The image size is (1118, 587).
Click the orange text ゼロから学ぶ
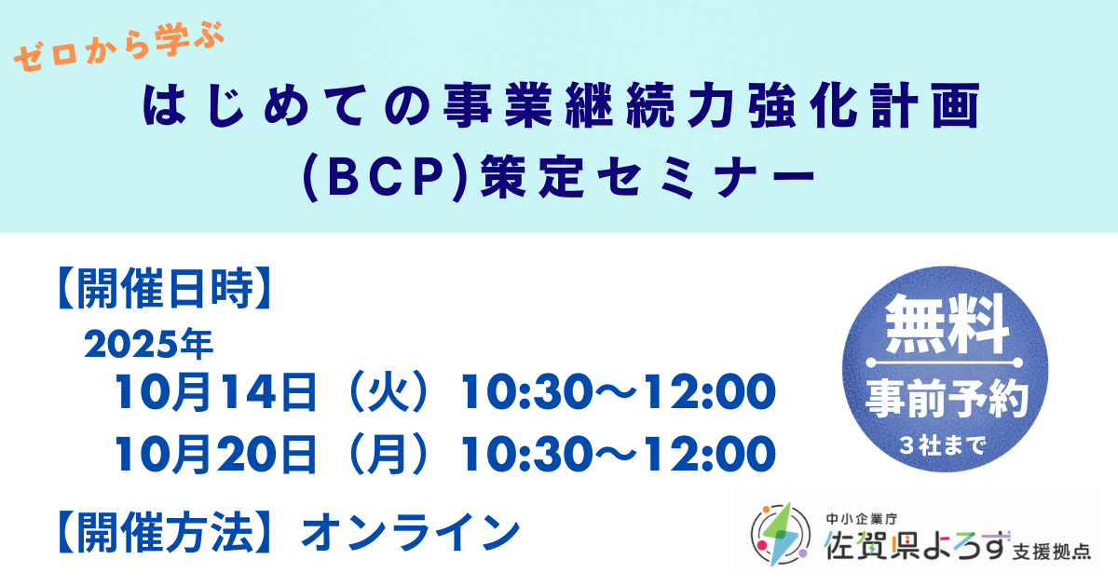click(x=120, y=47)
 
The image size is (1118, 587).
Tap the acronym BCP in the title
click(x=386, y=177)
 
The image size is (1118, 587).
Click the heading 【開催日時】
click(x=165, y=288)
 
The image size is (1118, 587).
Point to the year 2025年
click(x=149, y=344)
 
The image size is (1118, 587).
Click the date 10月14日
click(x=215, y=392)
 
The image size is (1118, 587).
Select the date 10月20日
click(x=215, y=455)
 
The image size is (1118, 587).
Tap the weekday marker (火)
click(x=389, y=392)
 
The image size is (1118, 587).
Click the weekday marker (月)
click(x=389, y=455)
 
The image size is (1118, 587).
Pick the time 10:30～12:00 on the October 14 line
click(x=618, y=392)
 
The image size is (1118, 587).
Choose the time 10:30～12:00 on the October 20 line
click(x=618, y=455)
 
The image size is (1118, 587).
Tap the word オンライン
click(x=410, y=533)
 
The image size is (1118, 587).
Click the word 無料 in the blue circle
click(x=947, y=324)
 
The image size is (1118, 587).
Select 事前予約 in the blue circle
click(x=947, y=399)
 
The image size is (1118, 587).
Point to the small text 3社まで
click(x=943, y=445)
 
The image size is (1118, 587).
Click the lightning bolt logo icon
click(x=781, y=534)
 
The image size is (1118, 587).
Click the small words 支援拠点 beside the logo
click(x=1052, y=552)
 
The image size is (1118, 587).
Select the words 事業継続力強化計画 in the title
click(x=712, y=106)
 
